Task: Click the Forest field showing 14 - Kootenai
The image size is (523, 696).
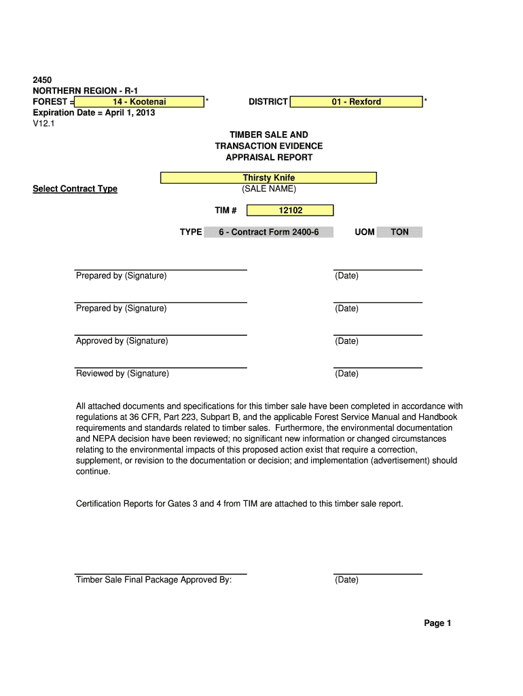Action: (139, 102)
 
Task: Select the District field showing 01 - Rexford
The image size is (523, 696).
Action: (356, 102)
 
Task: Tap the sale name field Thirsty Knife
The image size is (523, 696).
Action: (268, 178)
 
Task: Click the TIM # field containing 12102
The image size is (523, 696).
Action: (290, 211)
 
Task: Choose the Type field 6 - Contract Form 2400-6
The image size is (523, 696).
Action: (268, 232)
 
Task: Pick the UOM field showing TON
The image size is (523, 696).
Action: (399, 232)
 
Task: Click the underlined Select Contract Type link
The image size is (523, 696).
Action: (75, 189)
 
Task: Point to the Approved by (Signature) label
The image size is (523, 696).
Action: (122, 341)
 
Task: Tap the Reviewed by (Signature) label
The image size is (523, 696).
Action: (122, 374)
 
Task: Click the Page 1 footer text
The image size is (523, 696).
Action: (437, 623)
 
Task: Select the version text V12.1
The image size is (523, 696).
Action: (44, 124)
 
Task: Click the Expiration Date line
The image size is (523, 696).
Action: (94, 113)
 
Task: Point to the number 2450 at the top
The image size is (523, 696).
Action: (43, 80)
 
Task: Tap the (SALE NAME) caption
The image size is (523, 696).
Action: (269, 189)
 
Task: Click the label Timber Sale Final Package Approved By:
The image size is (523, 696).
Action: (154, 580)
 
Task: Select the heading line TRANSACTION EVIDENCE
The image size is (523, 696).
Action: (269, 146)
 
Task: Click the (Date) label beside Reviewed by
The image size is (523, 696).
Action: (346, 374)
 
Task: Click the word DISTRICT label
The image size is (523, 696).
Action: (268, 102)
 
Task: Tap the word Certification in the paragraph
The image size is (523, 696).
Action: (102, 504)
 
